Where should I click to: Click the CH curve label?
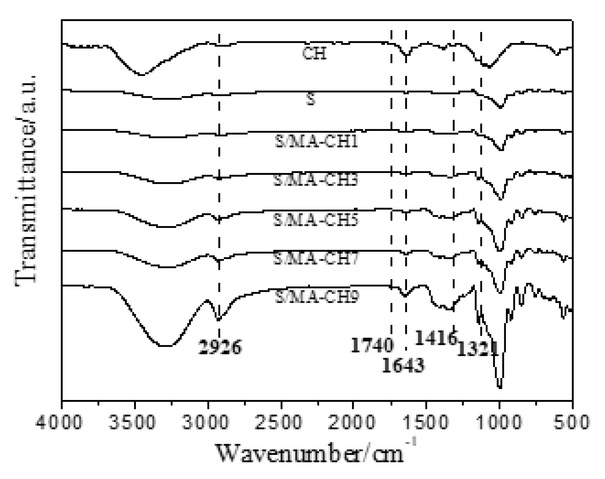click(x=314, y=54)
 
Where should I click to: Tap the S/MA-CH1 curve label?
click(x=316, y=142)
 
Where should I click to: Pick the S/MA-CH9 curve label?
click(x=316, y=297)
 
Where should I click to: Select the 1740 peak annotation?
click(x=372, y=345)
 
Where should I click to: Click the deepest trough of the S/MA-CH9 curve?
click(x=500, y=387)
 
